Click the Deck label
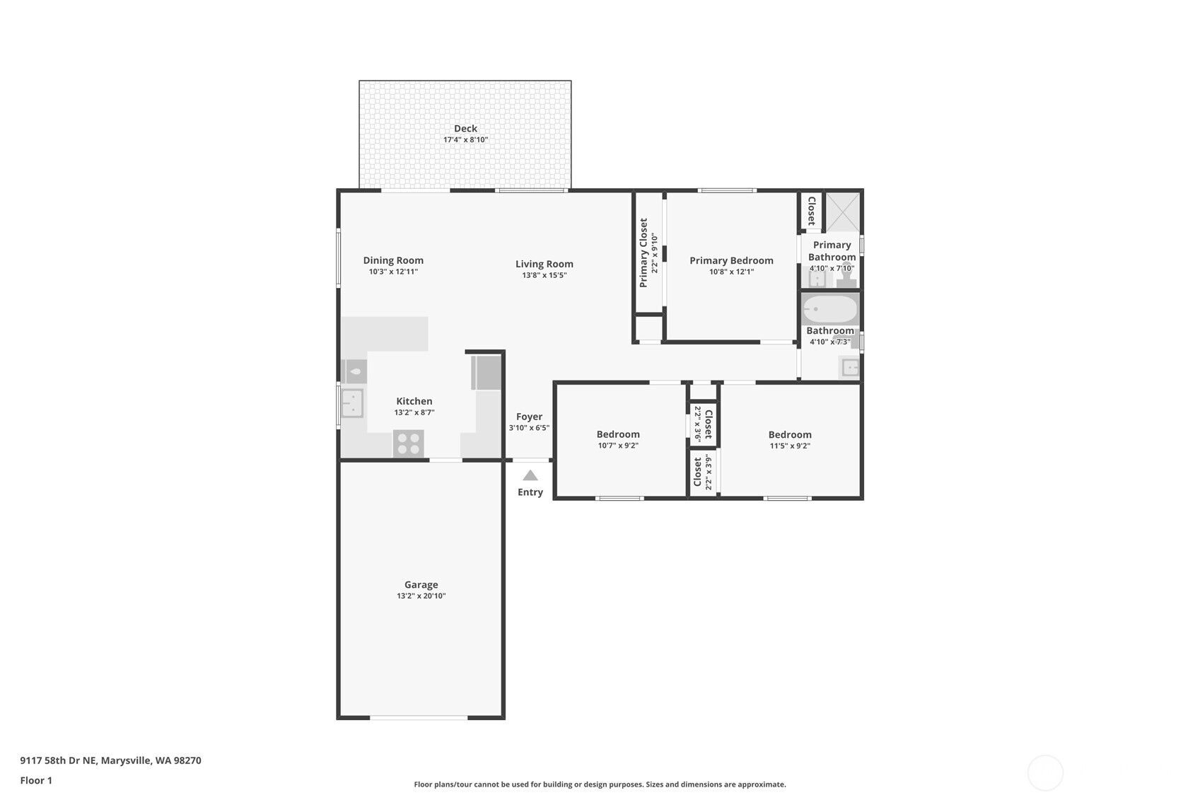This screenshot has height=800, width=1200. tap(465, 129)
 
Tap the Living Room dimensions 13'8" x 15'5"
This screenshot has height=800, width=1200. tap(544, 275)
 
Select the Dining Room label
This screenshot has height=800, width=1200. tap(393, 260)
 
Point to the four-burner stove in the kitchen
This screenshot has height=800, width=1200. tap(408, 444)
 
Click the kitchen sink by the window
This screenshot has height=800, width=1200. tap(352, 402)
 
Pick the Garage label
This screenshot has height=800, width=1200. tap(421, 584)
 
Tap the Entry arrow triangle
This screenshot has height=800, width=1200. tap(530, 475)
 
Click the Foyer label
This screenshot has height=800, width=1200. tap(529, 417)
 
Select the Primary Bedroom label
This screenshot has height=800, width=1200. tap(731, 260)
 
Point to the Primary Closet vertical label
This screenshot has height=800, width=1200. tap(643, 253)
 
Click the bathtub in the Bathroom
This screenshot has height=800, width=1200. tap(830, 309)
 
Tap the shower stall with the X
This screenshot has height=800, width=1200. tap(842, 212)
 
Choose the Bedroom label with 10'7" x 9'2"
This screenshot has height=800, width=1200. tap(618, 434)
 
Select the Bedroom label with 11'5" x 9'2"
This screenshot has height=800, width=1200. tap(790, 434)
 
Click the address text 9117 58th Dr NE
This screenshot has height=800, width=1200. tap(59, 760)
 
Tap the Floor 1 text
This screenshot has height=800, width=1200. tap(37, 780)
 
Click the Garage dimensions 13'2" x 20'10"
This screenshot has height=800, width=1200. tap(421, 596)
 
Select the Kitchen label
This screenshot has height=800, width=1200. tap(414, 401)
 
